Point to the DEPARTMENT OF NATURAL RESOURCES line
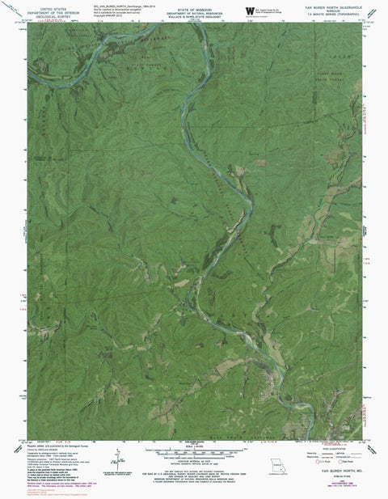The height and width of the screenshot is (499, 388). tap(192, 11)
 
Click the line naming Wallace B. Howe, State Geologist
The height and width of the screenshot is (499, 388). tap(192, 15)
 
